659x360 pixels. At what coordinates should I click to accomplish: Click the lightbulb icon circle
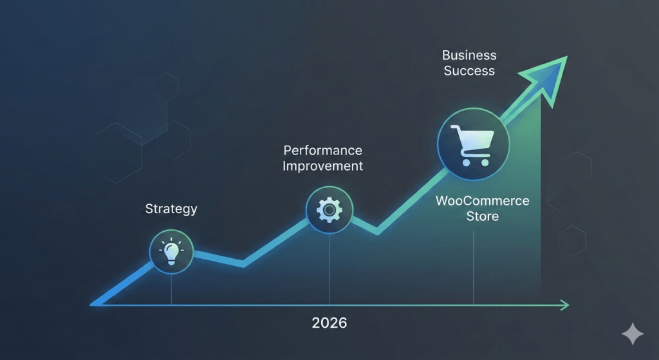tap(171, 252)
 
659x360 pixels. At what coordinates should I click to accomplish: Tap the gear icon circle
tap(329, 209)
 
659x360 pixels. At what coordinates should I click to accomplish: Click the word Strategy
tap(171, 209)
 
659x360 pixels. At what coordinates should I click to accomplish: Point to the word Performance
tap(323, 151)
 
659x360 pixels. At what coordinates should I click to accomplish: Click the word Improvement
tap(323, 166)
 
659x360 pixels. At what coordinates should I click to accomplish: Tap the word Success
tap(469, 71)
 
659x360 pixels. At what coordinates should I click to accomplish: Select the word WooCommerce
tap(483, 200)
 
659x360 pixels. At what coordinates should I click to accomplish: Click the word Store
tap(483, 216)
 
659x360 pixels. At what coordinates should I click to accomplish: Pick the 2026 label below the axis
tap(329, 323)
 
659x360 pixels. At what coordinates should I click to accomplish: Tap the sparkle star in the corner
tap(632, 334)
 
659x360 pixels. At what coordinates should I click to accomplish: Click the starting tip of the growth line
tap(94, 302)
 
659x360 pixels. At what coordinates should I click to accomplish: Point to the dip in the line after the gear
tap(376, 230)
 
